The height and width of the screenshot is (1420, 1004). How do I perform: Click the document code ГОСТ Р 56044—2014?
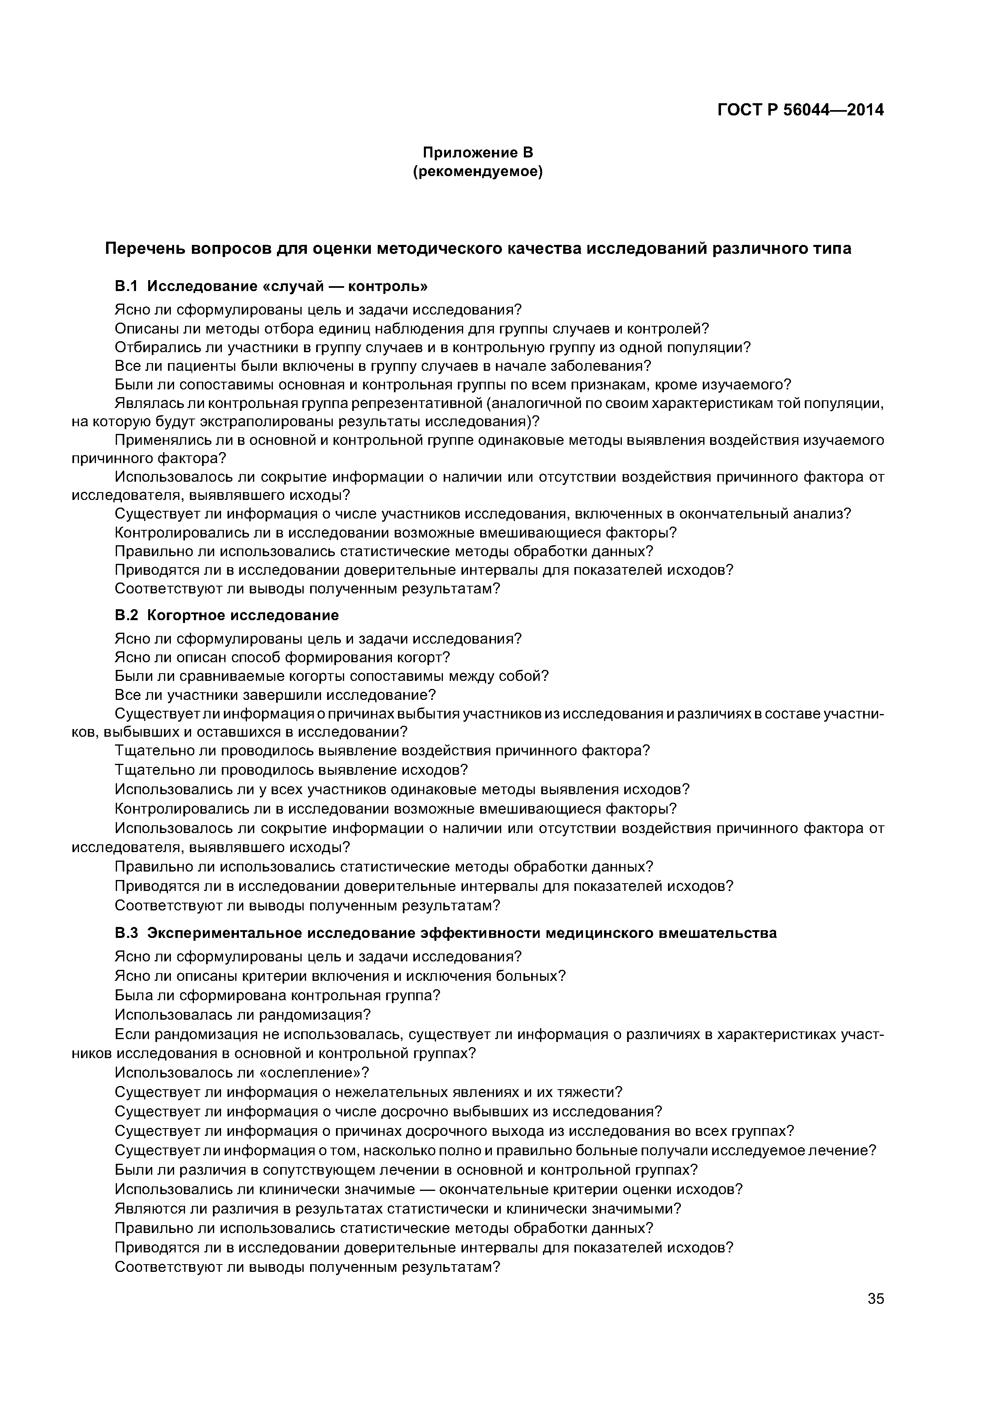(800, 110)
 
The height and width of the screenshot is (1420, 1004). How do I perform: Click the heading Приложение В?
(478, 152)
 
